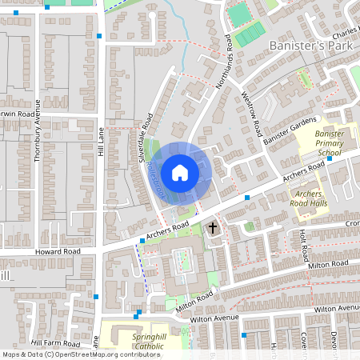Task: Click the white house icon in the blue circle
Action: point(180,172)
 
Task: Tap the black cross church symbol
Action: point(213,229)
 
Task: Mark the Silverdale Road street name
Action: point(147,137)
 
